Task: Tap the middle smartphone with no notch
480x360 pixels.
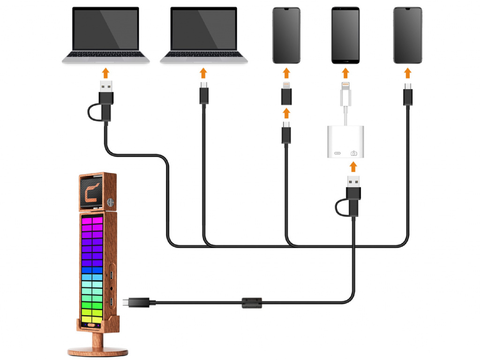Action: [x=346, y=35]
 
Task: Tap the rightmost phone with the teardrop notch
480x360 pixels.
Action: [x=408, y=35]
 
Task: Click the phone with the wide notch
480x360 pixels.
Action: [x=286, y=35]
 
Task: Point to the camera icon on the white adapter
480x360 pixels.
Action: [x=354, y=153]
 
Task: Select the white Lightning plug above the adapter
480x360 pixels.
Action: [x=346, y=93]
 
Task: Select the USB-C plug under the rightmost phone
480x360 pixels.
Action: [x=408, y=94]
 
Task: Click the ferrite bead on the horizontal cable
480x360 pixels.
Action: [x=251, y=302]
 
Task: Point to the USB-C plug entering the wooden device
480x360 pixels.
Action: [x=136, y=302]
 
